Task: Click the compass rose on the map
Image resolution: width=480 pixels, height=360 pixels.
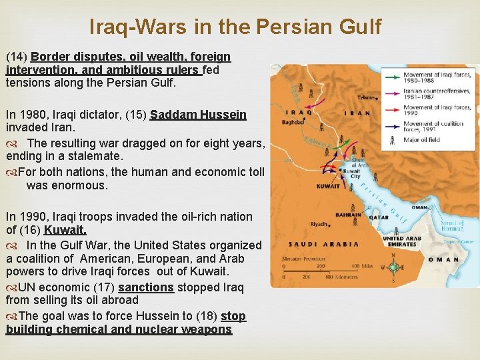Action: click(393, 268)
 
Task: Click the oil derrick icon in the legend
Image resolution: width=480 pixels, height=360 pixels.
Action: click(391, 139)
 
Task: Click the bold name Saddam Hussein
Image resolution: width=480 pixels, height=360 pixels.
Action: click(198, 115)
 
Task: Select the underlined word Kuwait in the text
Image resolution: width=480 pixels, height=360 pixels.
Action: click(65, 230)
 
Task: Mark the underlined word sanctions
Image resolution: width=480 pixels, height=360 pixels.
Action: click(146, 287)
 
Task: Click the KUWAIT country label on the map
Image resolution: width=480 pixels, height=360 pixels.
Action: click(327, 186)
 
